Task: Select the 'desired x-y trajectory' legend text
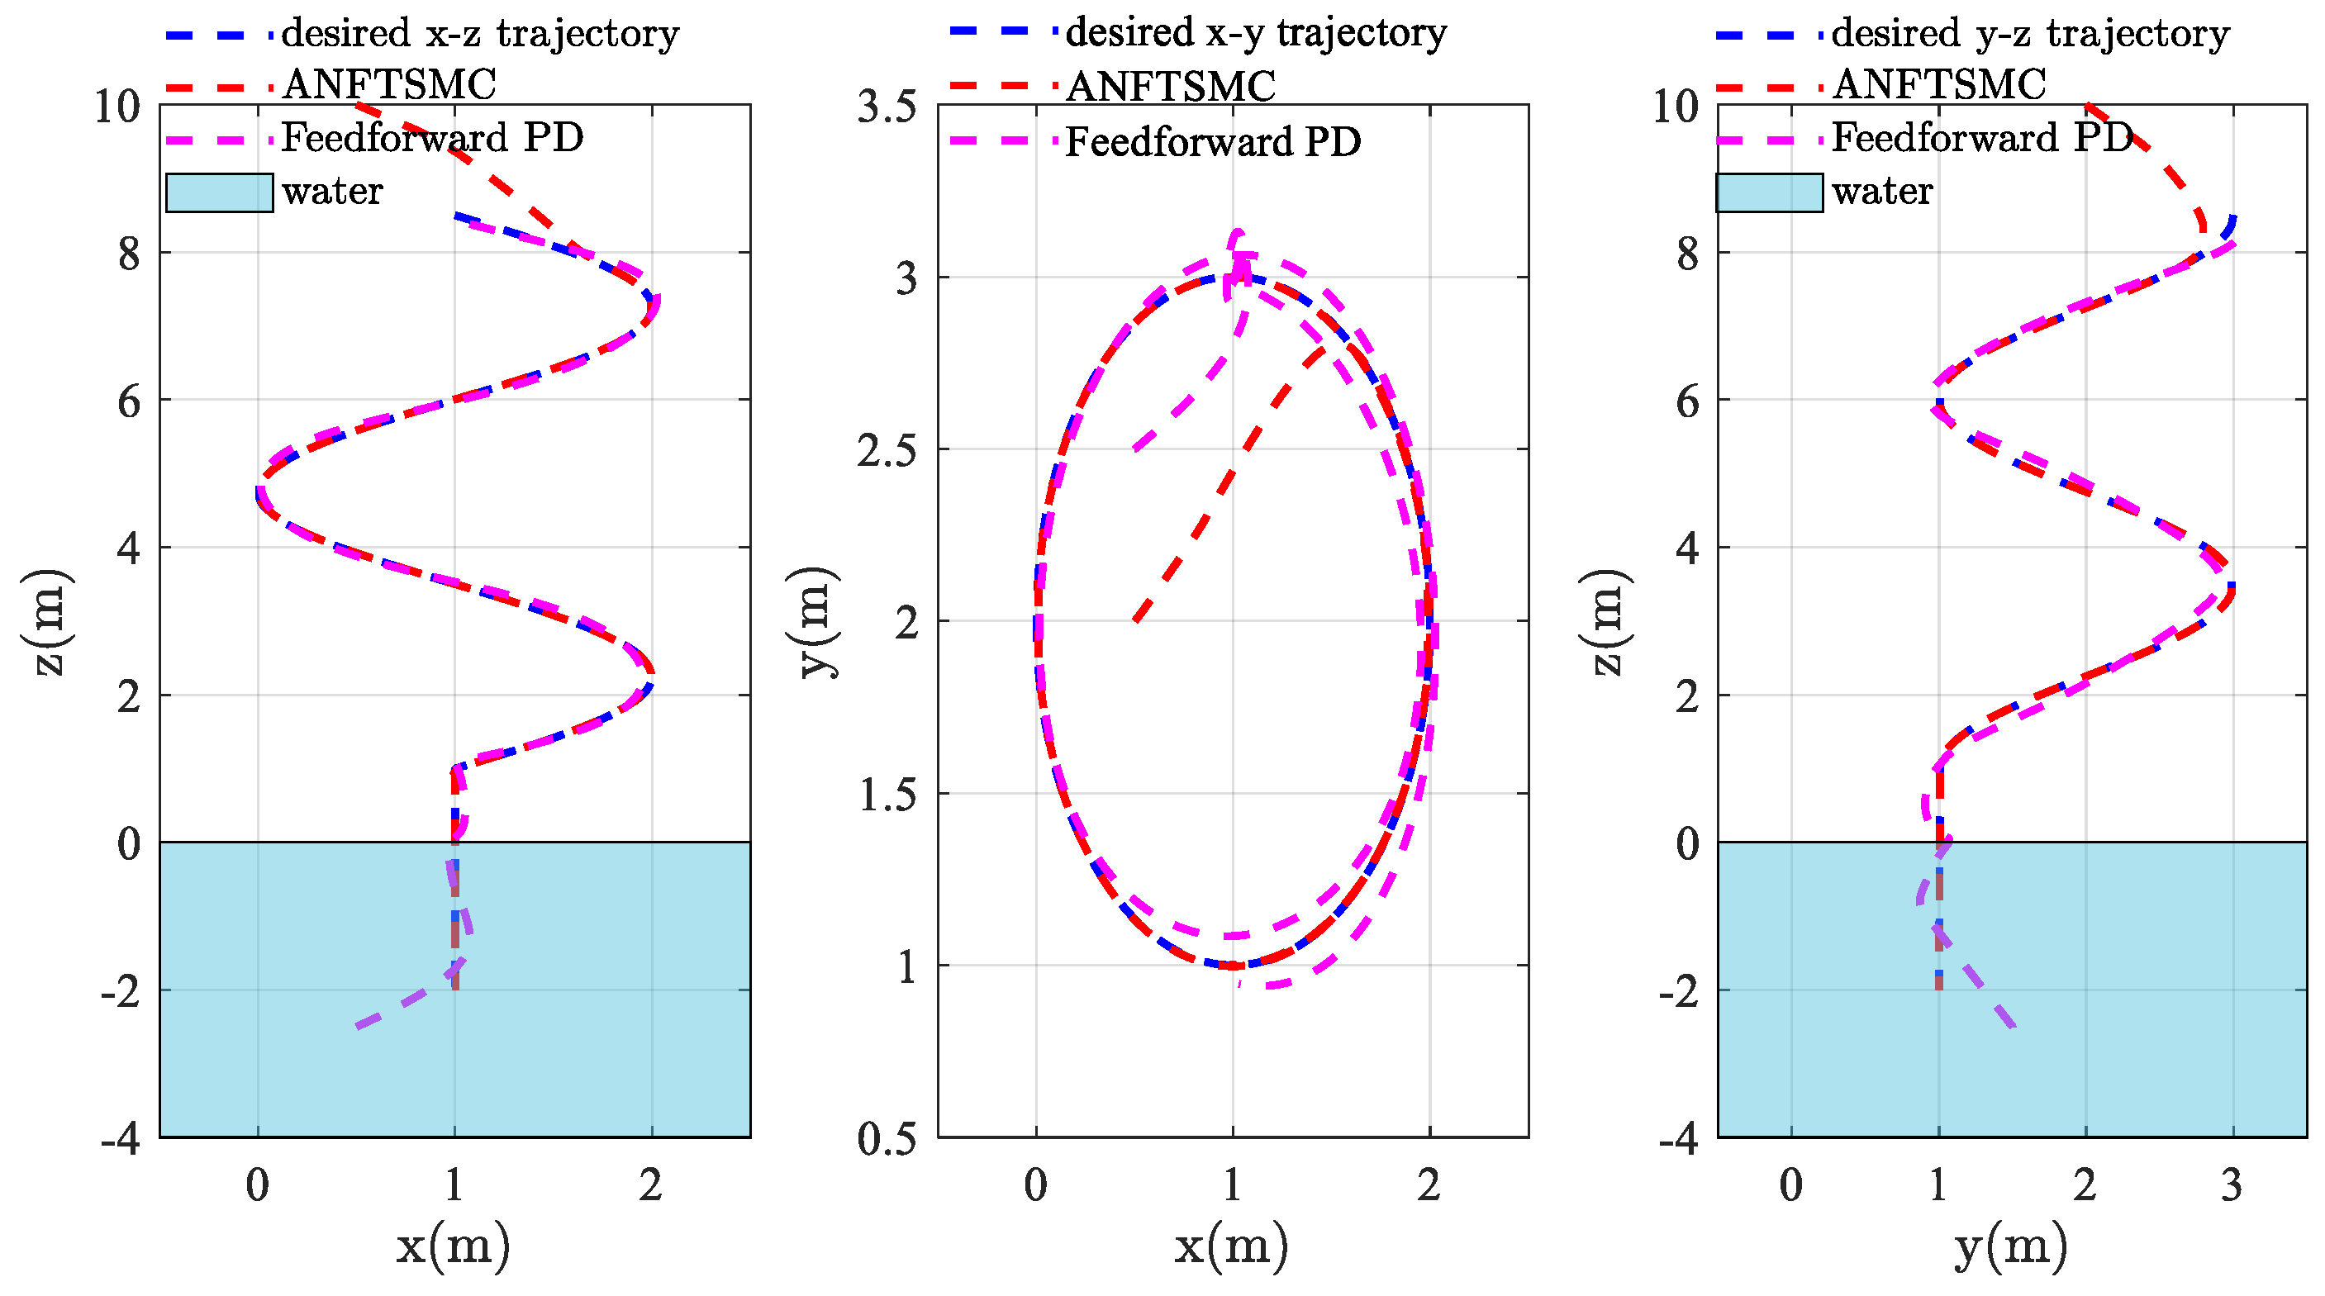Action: pos(1256,32)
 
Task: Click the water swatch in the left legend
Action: pos(219,192)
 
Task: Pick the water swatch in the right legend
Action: pos(1768,192)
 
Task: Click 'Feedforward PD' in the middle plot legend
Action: pos(1212,142)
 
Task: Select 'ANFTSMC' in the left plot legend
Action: pos(389,85)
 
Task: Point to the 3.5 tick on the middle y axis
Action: pos(887,107)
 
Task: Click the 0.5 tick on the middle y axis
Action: pos(887,1139)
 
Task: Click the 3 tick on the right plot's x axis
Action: pos(2231,1186)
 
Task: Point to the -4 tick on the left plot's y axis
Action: pos(120,1139)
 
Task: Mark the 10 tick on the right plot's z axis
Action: pos(1676,107)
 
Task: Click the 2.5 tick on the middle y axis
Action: pos(887,450)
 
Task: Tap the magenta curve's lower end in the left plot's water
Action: pos(359,1026)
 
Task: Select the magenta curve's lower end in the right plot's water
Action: pos(2014,1026)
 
